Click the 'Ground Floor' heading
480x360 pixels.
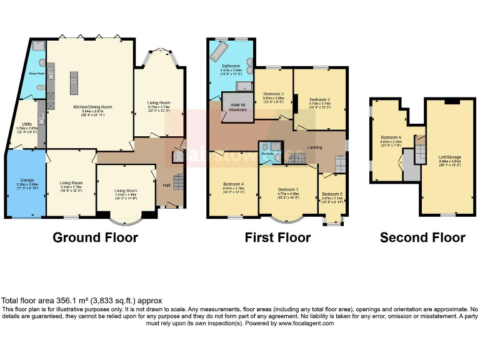click(x=95, y=237)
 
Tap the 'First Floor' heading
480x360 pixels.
click(x=277, y=237)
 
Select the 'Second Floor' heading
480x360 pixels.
click(x=422, y=237)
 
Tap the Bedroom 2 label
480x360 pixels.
click(x=319, y=99)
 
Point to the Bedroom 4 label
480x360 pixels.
click(x=232, y=183)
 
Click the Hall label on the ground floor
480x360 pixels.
click(x=166, y=184)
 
